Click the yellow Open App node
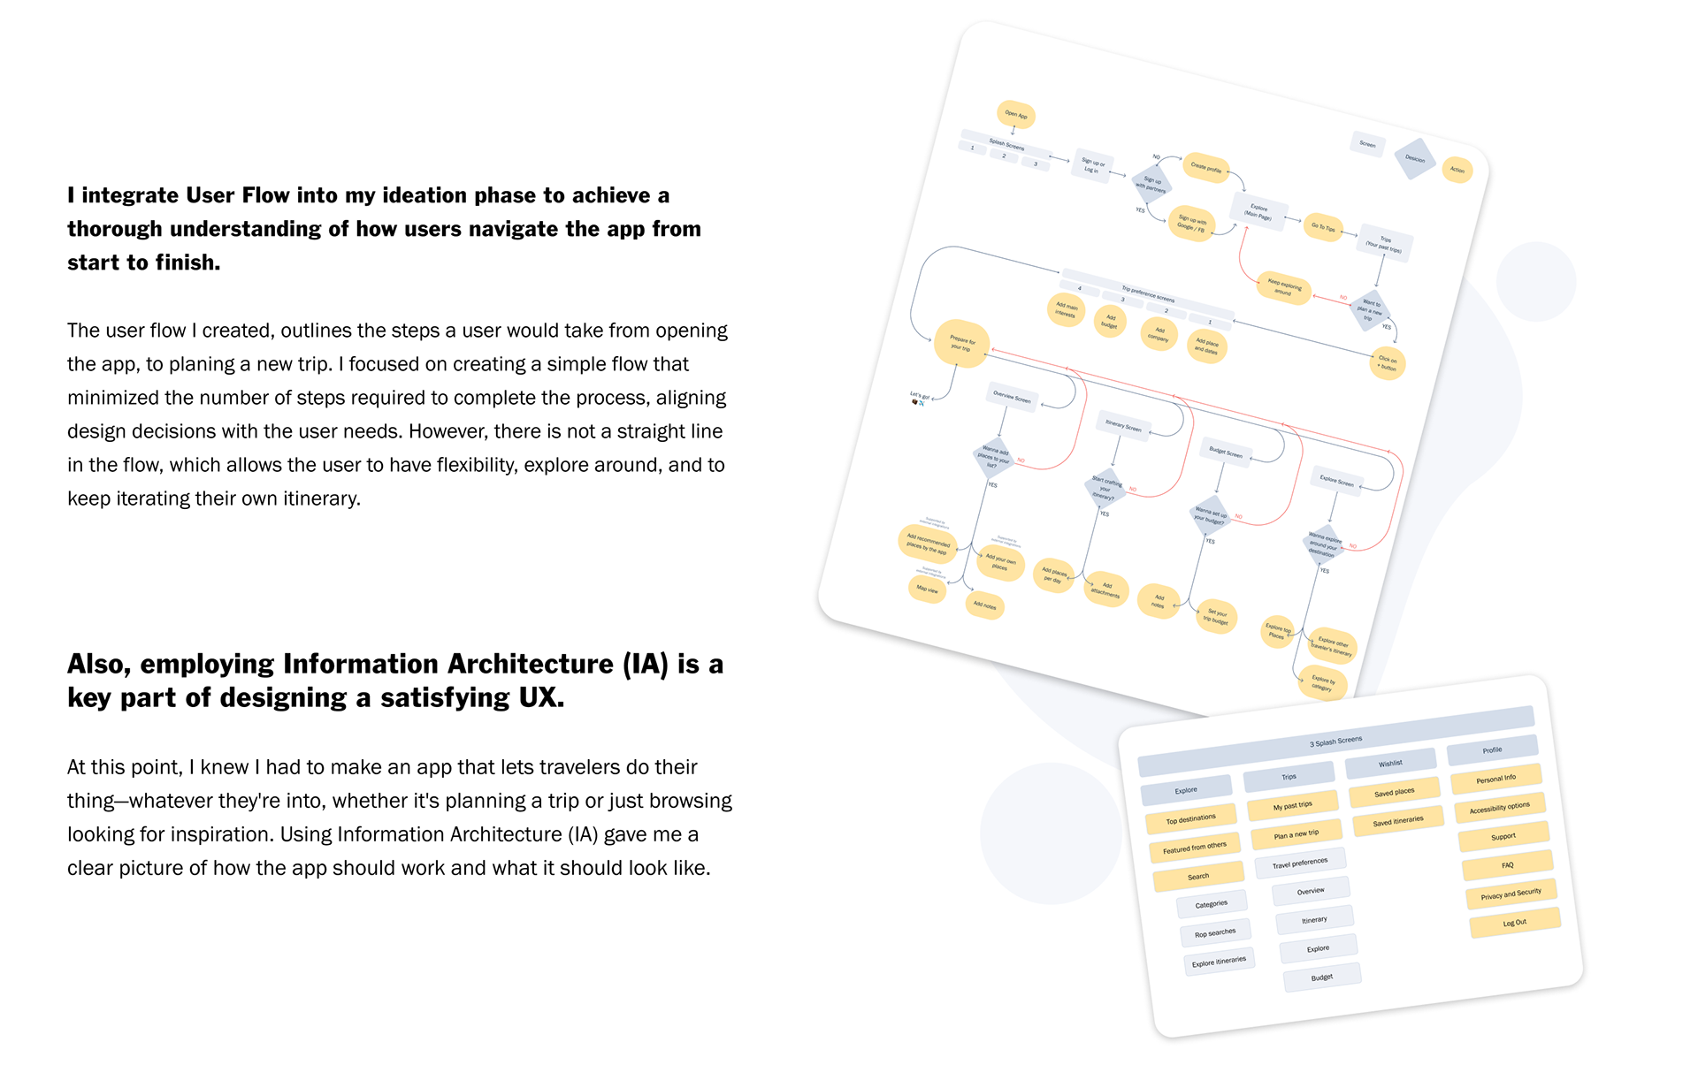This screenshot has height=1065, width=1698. (1016, 115)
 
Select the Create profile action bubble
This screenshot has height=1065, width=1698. (1205, 166)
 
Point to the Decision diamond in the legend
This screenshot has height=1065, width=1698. (1415, 159)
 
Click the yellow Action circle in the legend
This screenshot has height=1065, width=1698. (1457, 170)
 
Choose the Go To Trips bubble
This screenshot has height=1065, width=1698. (1323, 227)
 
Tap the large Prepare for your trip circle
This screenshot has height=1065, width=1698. (961, 344)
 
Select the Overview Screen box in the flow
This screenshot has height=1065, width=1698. (1012, 397)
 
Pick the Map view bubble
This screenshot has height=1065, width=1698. (927, 589)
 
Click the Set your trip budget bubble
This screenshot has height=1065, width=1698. (1216, 616)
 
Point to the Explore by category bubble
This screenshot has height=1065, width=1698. (1322, 683)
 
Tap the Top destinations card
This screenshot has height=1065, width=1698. (1190, 819)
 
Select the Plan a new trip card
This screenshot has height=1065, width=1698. (1296, 833)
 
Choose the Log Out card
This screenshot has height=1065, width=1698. (1514, 923)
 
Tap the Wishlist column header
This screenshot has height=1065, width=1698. (1390, 763)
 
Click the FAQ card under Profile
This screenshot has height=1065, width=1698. (1507, 865)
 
